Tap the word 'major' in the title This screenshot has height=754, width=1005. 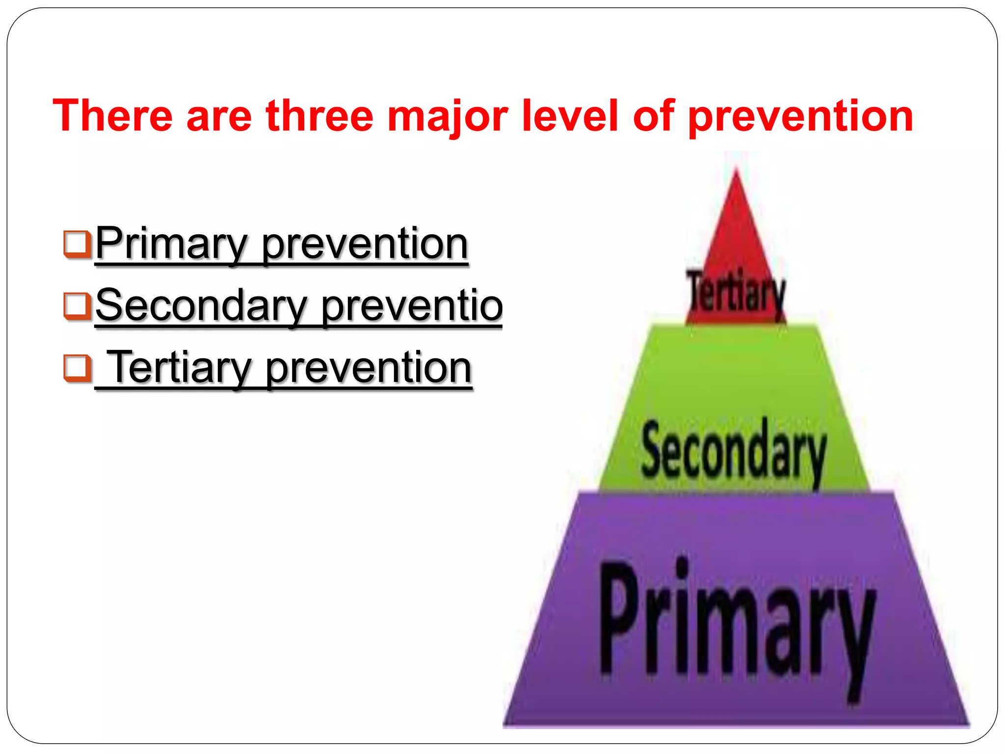447,117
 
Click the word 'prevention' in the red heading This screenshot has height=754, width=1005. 800,117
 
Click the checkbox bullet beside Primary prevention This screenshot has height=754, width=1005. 77,244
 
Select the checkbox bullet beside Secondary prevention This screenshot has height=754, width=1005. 77,306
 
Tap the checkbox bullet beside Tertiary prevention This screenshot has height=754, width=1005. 77,368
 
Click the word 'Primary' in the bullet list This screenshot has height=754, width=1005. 172,244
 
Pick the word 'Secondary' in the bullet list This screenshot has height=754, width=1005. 201,306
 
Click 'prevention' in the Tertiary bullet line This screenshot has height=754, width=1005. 369,369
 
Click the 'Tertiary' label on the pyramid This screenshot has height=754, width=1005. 736,294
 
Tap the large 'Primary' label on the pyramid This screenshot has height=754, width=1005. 736,623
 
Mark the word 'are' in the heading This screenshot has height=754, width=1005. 219,117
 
